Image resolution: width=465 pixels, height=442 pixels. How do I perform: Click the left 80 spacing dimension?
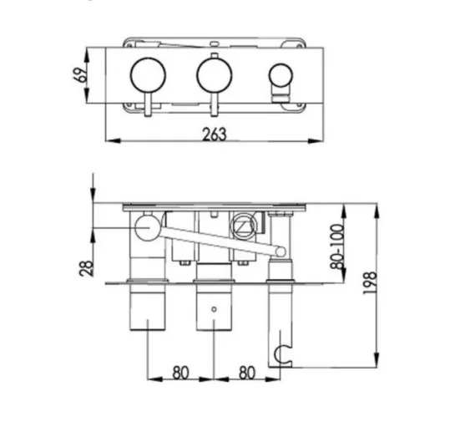pyautogui.click(x=179, y=373)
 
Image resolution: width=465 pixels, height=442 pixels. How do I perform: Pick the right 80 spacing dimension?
pyautogui.click(x=245, y=373)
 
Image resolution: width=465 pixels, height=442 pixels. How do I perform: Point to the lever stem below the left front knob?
pyautogui.click(x=148, y=106)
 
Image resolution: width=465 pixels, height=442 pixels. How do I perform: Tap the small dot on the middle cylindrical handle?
pyautogui.click(x=214, y=308)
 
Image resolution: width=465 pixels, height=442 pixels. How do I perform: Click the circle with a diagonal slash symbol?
pyautogui.click(x=242, y=226)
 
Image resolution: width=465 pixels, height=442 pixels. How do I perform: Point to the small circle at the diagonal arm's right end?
pyautogui.click(x=278, y=250)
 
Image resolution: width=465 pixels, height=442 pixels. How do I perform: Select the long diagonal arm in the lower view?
pyautogui.click(x=213, y=238)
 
